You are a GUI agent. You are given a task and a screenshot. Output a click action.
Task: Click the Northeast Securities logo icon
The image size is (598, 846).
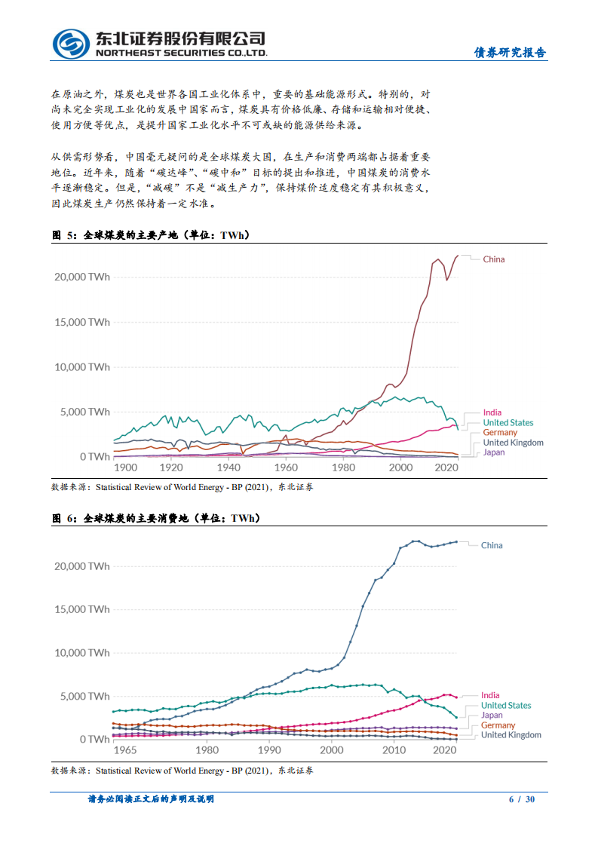pyautogui.click(x=71, y=44)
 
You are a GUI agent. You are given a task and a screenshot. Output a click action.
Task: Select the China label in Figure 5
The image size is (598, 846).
pyautogui.click(x=494, y=259)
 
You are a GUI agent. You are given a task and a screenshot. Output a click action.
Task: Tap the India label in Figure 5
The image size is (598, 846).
pyautogui.click(x=492, y=413)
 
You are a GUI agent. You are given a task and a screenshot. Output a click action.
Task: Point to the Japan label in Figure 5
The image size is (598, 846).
pyautogui.click(x=494, y=452)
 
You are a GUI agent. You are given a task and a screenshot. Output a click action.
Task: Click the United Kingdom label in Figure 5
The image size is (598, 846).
pyautogui.click(x=513, y=443)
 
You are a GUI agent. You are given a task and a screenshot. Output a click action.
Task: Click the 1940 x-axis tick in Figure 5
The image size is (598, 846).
pyautogui.click(x=228, y=467)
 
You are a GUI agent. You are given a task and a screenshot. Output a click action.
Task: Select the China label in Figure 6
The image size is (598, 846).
pyautogui.click(x=492, y=545)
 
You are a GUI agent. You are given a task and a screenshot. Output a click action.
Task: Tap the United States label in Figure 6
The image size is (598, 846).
pyautogui.click(x=506, y=705)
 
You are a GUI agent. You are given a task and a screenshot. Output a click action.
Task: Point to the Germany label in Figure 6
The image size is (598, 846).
pyautogui.click(x=498, y=725)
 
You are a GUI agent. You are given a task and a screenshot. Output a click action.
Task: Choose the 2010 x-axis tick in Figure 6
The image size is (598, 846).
pyautogui.click(x=393, y=750)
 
